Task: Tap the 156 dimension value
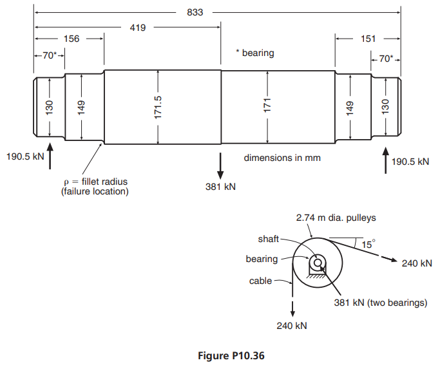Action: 72,39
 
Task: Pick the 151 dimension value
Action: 368,39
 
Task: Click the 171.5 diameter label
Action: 158,107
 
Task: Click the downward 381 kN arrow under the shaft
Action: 220,165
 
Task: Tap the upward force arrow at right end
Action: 385,160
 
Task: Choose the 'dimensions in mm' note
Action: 282,157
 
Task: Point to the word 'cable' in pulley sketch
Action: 262,281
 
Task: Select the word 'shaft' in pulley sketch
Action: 268,239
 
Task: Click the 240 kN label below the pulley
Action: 292,325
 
